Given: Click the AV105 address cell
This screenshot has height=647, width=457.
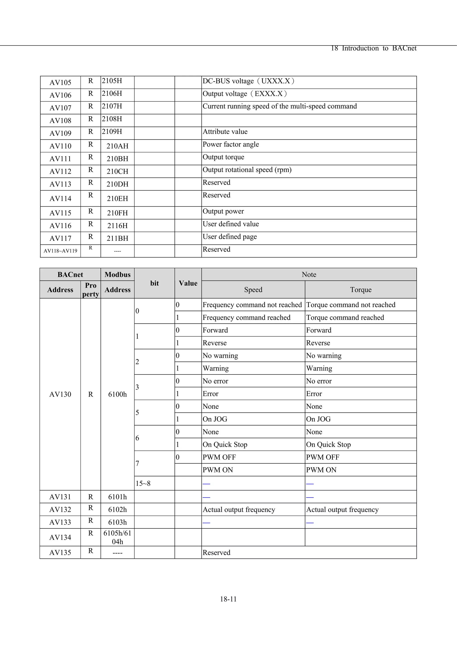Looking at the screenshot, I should pyautogui.click(x=60, y=83).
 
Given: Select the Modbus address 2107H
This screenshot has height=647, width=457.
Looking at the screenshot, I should pyautogui.click(x=112, y=106).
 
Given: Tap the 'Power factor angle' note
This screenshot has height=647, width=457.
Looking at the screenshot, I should pyautogui.click(x=231, y=144).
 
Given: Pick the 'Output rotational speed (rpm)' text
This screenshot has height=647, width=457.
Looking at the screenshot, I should pyautogui.click(x=247, y=170).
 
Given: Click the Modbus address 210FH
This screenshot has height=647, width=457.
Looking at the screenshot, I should pyautogui.click(x=117, y=213).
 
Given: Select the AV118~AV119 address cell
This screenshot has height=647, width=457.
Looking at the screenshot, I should pyautogui.click(x=60, y=251).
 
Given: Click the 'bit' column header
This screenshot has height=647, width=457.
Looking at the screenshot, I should pyautogui.click(x=154, y=283).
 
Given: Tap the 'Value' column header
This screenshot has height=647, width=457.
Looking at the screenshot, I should pyautogui.click(x=188, y=283).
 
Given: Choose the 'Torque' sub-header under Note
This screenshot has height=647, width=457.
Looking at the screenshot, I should pyautogui.click(x=361, y=290).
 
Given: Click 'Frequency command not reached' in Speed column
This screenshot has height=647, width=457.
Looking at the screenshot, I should pyautogui.click(x=252, y=305).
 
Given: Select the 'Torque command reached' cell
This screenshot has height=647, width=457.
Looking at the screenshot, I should pyautogui.click(x=345, y=318).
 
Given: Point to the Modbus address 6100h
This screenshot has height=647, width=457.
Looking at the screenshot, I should pyautogui.click(x=117, y=394).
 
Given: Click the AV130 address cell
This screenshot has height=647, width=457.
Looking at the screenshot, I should pyautogui.click(x=60, y=394).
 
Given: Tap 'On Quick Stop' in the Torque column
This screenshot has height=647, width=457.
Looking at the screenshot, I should pyautogui.click(x=328, y=445).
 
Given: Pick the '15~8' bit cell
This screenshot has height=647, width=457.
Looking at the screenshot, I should pyautogui.click(x=143, y=484).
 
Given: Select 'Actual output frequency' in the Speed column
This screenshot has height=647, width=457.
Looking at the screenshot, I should pyautogui.click(x=239, y=510).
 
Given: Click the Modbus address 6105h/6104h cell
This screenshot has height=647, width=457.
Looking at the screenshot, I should pyautogui.click(x=117, y=537).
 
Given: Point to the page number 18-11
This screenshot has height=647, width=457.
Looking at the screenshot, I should pyautogui.click(x=228, y=599).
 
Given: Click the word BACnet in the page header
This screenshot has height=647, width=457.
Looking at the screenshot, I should pyautogui.click(x=404, y=48).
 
